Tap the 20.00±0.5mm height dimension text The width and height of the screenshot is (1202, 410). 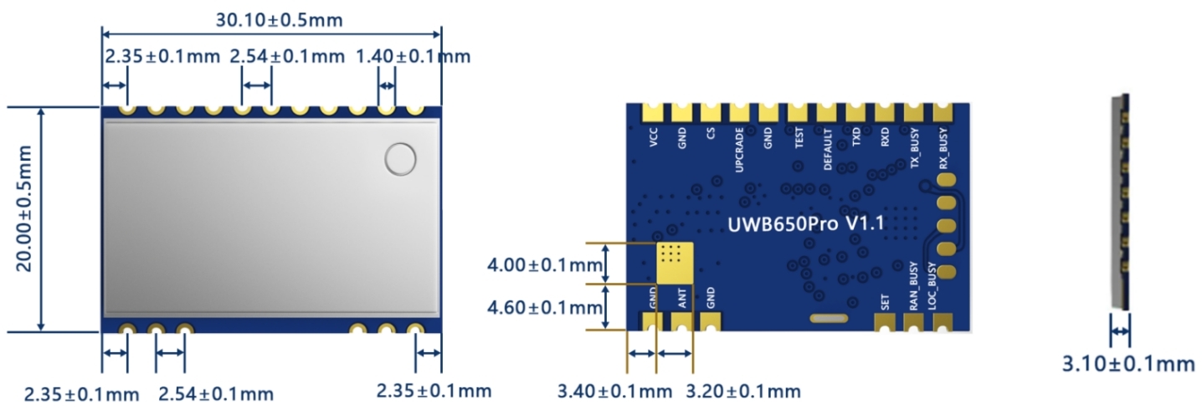point(26,219)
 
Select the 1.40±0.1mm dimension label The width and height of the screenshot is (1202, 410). point(413,57)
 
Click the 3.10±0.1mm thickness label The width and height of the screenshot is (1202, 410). point(1128,364)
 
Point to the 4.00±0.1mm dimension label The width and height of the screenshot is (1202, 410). point(545,265)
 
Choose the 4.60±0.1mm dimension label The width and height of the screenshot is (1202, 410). point(545,307)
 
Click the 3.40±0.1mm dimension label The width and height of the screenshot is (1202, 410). point(614,391)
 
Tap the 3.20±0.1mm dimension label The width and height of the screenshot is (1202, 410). point(742,391)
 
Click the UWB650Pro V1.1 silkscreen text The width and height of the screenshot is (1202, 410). point(807,223)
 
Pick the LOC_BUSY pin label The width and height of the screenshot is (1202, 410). point(943,285)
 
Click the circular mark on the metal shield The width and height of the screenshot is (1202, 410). point(400,159)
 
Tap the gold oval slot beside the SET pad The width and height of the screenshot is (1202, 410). point(826,318)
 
